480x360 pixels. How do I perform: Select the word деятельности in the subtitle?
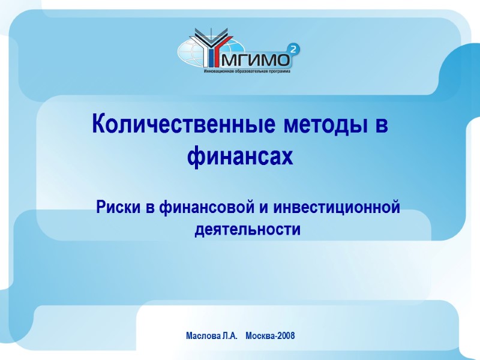pyautogui.click(x=247, y=229)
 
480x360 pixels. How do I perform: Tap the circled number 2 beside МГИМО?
pyautogui.click(x=293, y=50)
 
